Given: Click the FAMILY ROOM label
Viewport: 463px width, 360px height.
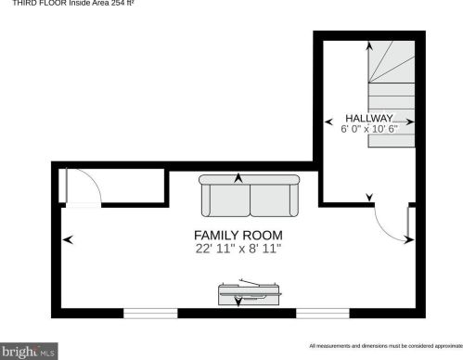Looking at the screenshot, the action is (238, 236).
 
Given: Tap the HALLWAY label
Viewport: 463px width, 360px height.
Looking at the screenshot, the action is (369, 118).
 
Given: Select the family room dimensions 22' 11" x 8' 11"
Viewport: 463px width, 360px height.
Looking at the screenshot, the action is (238, 249).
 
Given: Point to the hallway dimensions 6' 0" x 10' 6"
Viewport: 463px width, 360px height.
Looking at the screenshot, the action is (369, 129).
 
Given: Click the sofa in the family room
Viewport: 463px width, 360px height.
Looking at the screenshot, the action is (250, 196).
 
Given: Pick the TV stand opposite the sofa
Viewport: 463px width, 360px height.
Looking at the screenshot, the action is (250, 293).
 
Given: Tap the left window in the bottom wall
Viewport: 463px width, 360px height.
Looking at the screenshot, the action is (150, 314).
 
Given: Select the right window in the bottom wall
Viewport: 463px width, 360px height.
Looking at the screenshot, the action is (323, 314).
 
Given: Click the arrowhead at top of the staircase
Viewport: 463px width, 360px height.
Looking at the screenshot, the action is (369, 45).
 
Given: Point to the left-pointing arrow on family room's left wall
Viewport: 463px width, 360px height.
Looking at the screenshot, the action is (68, 239).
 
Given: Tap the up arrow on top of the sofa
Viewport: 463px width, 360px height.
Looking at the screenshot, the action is (238, 178).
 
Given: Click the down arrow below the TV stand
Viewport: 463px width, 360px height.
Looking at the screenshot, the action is (238, 302).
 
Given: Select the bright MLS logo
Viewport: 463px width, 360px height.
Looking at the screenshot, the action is (29, 352).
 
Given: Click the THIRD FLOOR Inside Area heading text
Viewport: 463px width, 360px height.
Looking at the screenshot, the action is (73, 3).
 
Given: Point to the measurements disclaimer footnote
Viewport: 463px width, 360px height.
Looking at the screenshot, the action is (386, 346).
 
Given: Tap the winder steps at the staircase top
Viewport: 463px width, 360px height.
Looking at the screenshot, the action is (392, 62).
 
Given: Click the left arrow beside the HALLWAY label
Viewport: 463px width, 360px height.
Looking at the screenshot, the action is (329, 122).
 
